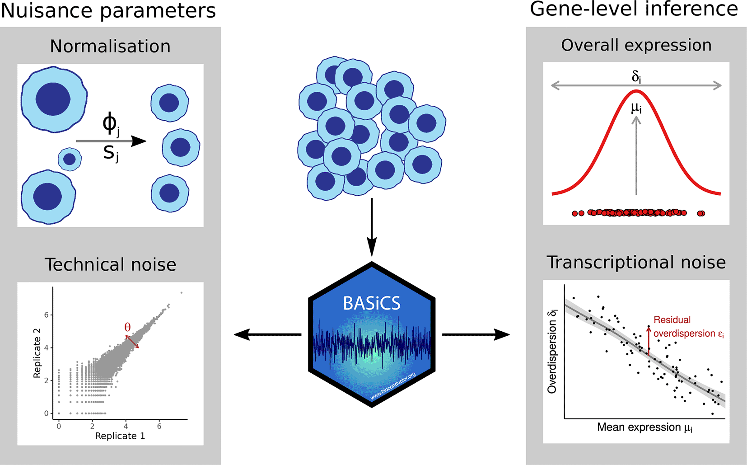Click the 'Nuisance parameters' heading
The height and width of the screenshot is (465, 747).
[108, 11]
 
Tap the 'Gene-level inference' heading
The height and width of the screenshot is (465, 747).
[634, 9]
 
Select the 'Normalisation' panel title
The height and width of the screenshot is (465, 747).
[110, 46]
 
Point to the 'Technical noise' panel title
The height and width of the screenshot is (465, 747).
[110, 264]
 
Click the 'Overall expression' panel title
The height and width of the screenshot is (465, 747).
[636, 45]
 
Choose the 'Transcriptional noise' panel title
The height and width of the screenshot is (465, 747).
[636, 263]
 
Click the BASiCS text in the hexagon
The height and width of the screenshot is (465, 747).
[372, 303]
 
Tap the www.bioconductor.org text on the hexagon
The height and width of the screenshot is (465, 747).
[393, 386]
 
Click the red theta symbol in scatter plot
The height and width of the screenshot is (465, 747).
[127, 327]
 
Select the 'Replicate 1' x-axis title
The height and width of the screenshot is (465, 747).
[120, 436]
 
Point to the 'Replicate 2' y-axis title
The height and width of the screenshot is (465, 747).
[37, 353]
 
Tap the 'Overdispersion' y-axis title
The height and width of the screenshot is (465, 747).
[552, 352]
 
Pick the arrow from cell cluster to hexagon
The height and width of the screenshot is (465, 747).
[372, 227]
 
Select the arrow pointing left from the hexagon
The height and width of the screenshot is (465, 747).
[267, 334]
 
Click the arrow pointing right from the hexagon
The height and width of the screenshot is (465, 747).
[476, 334]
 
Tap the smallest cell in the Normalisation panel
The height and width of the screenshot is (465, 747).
[70, 160]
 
